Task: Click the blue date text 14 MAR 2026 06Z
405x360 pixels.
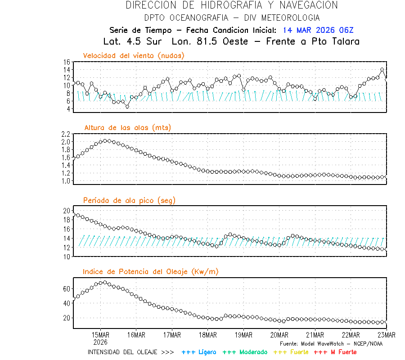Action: pyautogui.click(x=318, y=31)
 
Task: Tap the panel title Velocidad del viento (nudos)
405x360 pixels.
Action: pyautogui.click(x=134, y=55)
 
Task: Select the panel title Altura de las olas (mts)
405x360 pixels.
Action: pyautogui.click(x=127, y=128)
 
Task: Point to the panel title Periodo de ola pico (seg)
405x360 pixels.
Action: pyautogui.click(x=129, y=200)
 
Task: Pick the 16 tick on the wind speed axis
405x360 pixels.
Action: pyautogui.click(x=67, y=62)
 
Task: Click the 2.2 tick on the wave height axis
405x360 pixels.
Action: pyautogui.click(x=65, y=134)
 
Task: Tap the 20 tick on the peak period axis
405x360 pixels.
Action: pyautogui.click(x=67, y=211)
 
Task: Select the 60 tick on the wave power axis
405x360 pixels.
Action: pyautogui.click(x=67, y=288)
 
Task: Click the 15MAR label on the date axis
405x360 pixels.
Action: pyautogui.click(x=100, y=335)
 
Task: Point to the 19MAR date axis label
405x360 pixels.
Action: pyautogui.click(x=243, y=335)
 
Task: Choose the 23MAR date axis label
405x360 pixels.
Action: pyautogui.click(x=386, y=335)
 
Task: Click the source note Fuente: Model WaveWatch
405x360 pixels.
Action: pyautogui.click(x=331, y=343)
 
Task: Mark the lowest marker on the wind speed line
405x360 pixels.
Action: pyautogui.click(x=127, y=107)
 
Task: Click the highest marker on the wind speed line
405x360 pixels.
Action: pyautogui.click(x=382, y=70)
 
